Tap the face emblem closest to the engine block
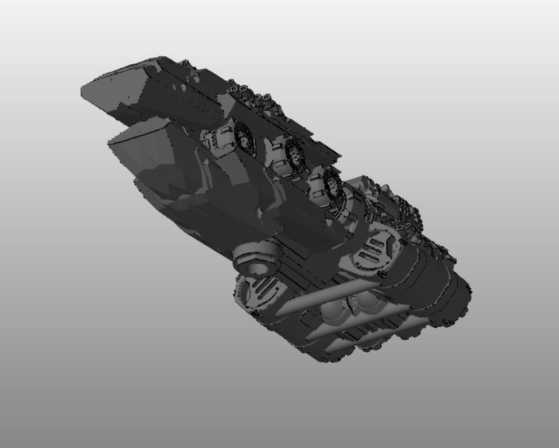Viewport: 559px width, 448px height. pyautogui.click(x=332, y=184)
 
